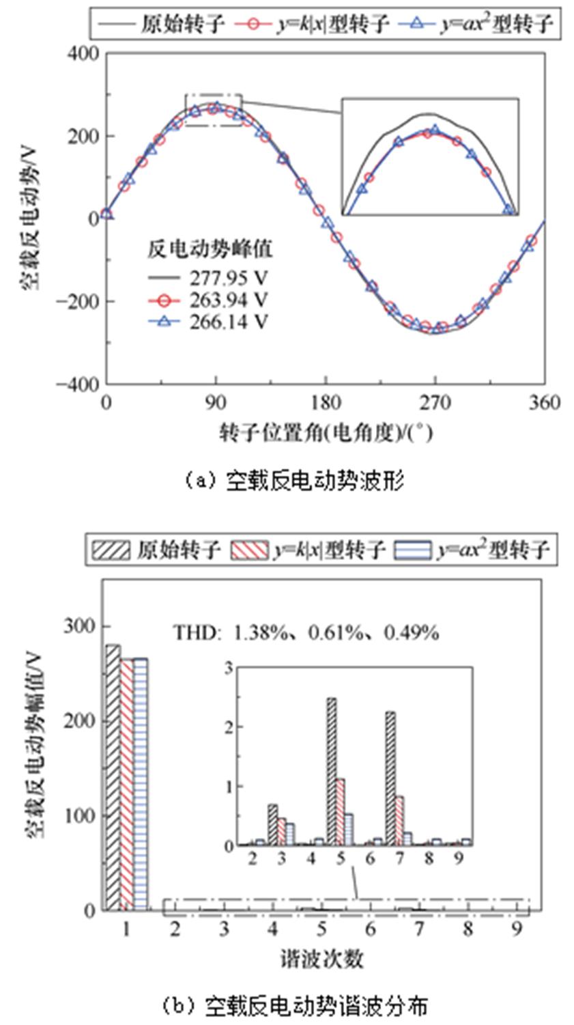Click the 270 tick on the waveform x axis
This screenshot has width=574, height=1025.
(x=434, y=403)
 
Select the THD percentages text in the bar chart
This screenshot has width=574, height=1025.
(x=305, y=633)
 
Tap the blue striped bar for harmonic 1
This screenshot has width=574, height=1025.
(x=140, y=784)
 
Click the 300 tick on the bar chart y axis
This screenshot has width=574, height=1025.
(x=80, y=626)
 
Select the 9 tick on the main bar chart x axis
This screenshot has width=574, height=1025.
(x=517, y=929)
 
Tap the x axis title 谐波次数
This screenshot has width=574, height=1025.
(x=321, y=959)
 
